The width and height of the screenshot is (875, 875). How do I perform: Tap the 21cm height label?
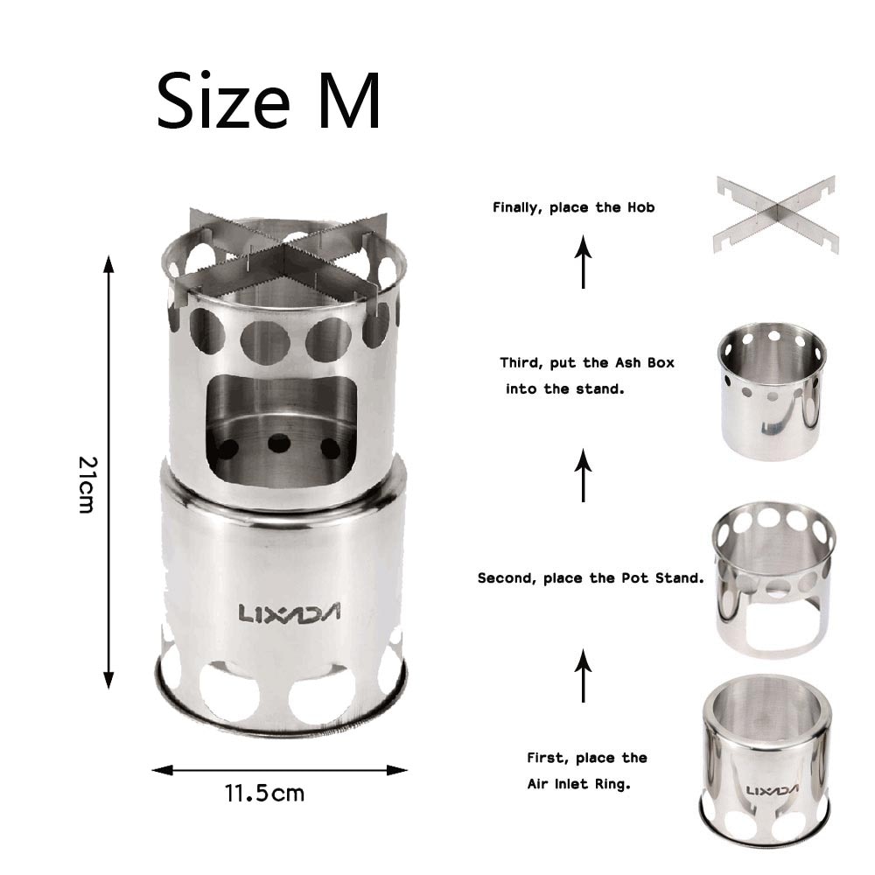(86, 483)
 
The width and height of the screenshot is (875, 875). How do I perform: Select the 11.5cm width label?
(264, 794)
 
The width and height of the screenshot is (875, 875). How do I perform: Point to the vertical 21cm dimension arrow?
(108, 472)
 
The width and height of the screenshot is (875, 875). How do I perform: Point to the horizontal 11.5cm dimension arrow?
(279, 770)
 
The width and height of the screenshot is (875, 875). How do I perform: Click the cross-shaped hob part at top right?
(775, 213)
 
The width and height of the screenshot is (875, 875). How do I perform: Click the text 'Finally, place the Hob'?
(573, 208)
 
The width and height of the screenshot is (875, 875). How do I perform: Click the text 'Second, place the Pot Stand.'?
(591, 578)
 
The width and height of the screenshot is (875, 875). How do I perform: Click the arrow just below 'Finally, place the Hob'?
(584, 262)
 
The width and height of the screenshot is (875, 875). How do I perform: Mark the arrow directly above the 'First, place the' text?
(584, 675)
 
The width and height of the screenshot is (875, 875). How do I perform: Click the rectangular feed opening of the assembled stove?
(281, 429)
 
